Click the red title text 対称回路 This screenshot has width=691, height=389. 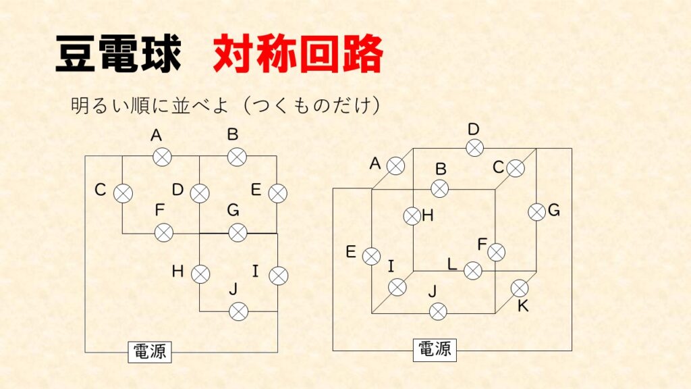[298, 53]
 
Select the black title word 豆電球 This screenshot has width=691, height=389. [119, 54]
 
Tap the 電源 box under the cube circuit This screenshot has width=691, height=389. [435, 350]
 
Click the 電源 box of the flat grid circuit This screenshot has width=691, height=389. [150, 352]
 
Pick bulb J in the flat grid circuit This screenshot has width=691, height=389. [238, 312]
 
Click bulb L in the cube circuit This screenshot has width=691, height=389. [473, 270]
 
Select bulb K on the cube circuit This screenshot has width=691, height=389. [520, 288]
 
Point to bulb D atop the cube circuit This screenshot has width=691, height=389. [474, 148]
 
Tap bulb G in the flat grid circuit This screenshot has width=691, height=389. [238, 233]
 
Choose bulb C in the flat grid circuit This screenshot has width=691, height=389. [123, 194]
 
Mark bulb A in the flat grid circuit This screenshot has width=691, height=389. [162, 157]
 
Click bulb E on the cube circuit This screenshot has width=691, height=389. [372, 256]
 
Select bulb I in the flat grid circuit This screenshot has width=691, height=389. [279, 276]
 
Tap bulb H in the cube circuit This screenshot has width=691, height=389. [412, 216]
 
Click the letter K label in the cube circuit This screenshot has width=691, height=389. [523, 306]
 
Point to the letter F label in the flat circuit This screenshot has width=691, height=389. [159, 210]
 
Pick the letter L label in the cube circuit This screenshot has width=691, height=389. [451, 264]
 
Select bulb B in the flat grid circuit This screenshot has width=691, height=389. [237, 157]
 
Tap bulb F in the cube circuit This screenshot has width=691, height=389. [497, 253]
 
